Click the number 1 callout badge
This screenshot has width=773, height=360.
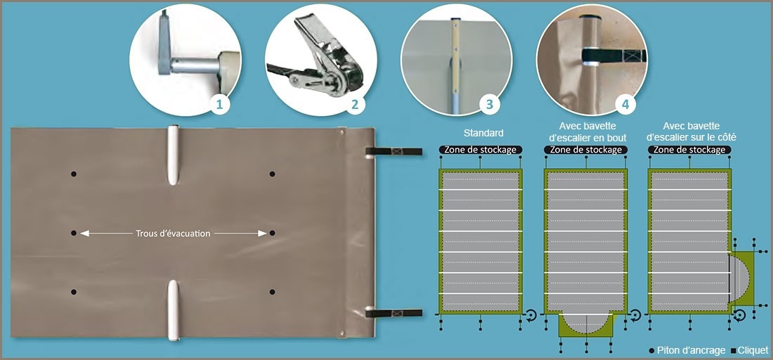click(219, 104)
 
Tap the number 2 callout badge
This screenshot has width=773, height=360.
click(354, 104)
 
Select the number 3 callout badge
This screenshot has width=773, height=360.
click(490, 104)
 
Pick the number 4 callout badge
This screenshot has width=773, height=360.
click(625, 104)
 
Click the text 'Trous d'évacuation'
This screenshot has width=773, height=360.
click(173, 233)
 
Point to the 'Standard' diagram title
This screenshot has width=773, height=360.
click(483, 133)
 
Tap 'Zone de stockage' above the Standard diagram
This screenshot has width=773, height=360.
click(480, 150)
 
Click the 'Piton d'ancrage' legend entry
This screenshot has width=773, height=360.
click(687, 350)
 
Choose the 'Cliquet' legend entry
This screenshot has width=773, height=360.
click(749, 350)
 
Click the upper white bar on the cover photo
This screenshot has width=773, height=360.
click(173, 155)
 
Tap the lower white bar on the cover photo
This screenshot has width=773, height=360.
click(173, 310)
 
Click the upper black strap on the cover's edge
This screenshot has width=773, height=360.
click(394, 151)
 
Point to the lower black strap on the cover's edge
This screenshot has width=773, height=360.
click(394, 313)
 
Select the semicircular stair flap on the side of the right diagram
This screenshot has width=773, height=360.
click(738, 278)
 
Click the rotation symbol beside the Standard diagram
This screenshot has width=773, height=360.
click(531, 316)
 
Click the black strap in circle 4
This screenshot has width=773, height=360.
click(613, 56)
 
